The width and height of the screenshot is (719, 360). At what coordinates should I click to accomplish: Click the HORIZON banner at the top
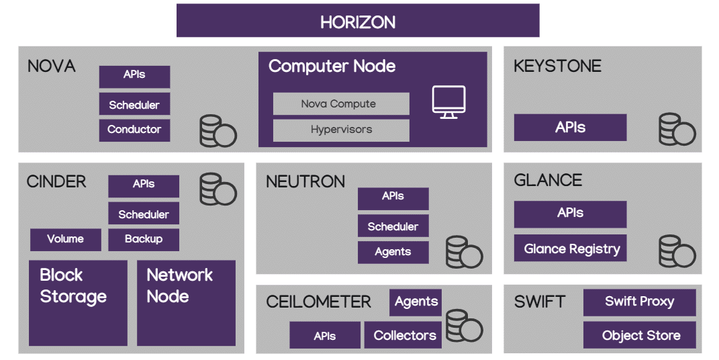tap(358, 21)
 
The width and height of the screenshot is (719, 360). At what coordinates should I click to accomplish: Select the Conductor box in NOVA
tap(134, 130)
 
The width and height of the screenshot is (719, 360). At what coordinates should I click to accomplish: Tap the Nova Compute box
tap(341, 104)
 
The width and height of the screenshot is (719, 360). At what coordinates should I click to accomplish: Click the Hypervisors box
tap(341, 130)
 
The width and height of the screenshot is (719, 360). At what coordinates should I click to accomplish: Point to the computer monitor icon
tap(448, 103)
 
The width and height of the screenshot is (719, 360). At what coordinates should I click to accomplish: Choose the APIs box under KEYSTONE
tap(570, 128)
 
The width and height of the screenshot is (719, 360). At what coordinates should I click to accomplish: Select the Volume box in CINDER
tap(66, 239)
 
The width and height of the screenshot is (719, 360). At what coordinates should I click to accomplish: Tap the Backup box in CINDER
tap(144, 239)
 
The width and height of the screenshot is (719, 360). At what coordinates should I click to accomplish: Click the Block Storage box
tap(78, 302)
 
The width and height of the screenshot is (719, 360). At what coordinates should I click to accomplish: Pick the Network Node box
tap(186, 302)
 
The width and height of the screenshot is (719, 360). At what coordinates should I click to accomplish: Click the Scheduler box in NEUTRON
tap(393, 226)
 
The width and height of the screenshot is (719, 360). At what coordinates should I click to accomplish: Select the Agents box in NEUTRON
tap(393, 252)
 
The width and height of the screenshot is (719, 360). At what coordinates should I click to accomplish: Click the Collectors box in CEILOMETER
tap(404, 335)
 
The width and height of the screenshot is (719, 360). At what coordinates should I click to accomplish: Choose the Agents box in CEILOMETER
tap(416, 302)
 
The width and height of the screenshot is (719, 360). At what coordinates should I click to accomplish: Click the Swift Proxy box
tap(639, 302)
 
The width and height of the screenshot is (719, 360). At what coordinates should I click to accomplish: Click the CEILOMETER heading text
tap(318, 302)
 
